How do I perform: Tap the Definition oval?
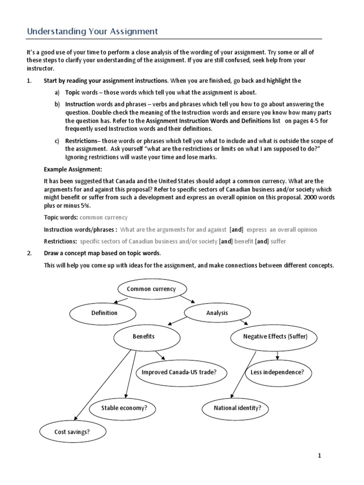click(x=104, y=313)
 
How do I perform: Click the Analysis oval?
click(x=217, y=313)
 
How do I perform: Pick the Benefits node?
click(x=147, y=337)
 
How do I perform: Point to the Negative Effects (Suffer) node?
click(x=275, y=337)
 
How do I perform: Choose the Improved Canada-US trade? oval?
click(x=179, y=372)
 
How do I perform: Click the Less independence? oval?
click(x=277, y=372)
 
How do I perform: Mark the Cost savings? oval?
click(x=72, y=431)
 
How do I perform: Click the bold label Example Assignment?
click(x=73, y=169)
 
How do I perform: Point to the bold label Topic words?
click(x=61, y=217)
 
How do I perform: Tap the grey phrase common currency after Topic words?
click(x=104, y=217)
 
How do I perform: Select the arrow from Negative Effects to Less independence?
click(x=277, y=355)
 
